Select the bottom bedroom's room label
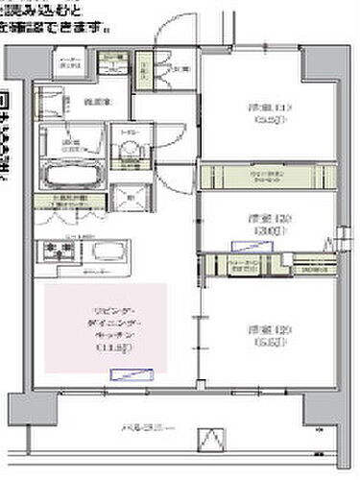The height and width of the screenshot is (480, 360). pyautogui.click(x=263, y=335)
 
